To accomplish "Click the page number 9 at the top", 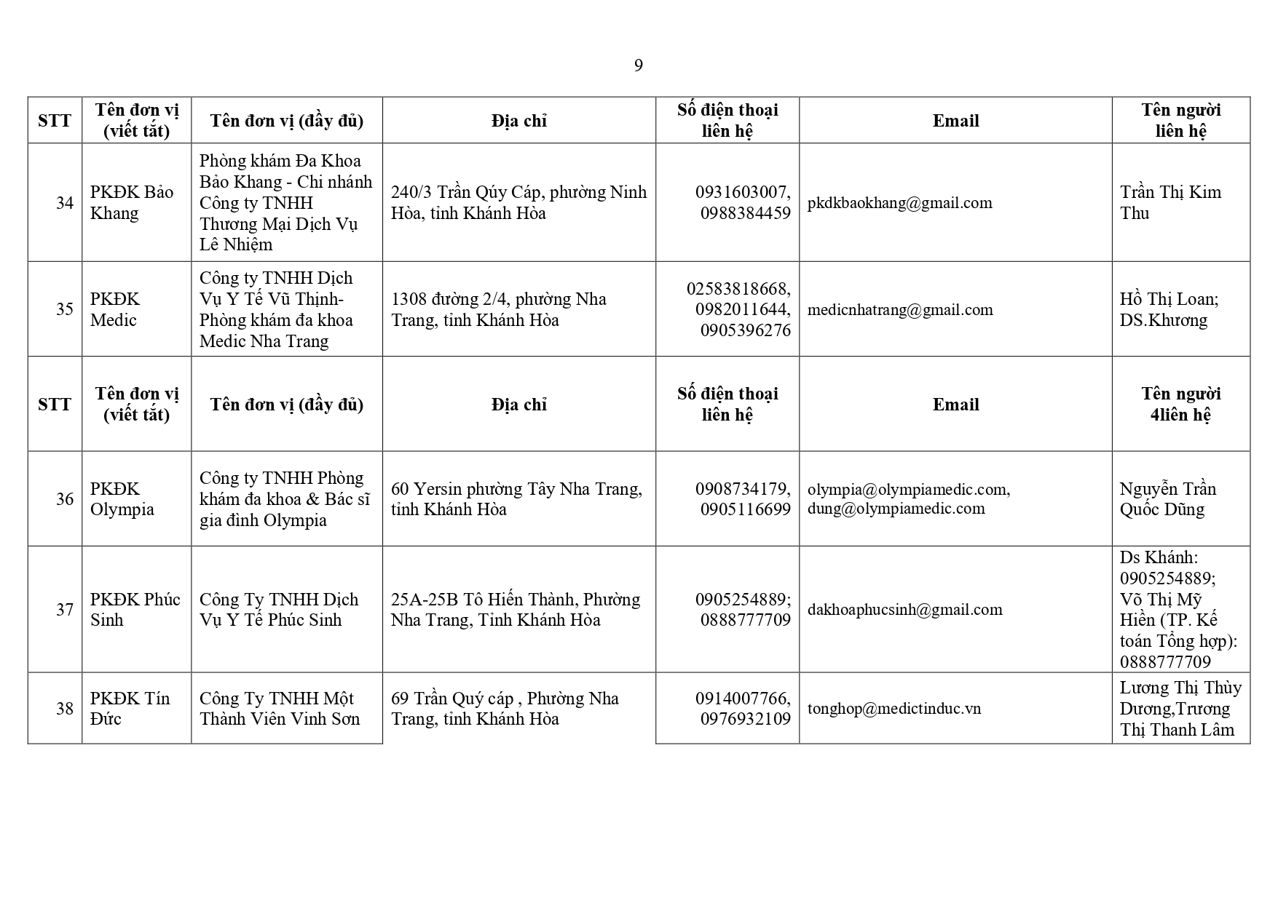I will (638, 66).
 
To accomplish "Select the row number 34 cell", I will (65, 203).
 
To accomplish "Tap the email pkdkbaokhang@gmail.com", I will (899, 203).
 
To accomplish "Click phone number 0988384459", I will (745, 213).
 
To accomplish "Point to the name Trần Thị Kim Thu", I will (1170, 202).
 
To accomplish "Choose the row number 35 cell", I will (65, 309).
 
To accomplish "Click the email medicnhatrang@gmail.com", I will (900, 310).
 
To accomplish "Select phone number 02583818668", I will (738, 289).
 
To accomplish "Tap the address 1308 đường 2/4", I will (499, 309).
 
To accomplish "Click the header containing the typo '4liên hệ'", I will (1180, 415).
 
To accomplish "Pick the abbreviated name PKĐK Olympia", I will (122, 498).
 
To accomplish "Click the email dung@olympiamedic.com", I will (896, 509).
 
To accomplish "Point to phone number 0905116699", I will (745, 509).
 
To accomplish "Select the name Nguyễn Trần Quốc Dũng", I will (1168, 498).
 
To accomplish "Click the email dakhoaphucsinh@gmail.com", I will (904, 610).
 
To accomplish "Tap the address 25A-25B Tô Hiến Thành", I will (515, 610).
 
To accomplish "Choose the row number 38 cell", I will (65, 709).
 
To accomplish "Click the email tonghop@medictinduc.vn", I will (894, 709).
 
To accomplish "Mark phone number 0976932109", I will (745, 719).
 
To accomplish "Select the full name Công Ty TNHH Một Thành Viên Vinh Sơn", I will (280, 709).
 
